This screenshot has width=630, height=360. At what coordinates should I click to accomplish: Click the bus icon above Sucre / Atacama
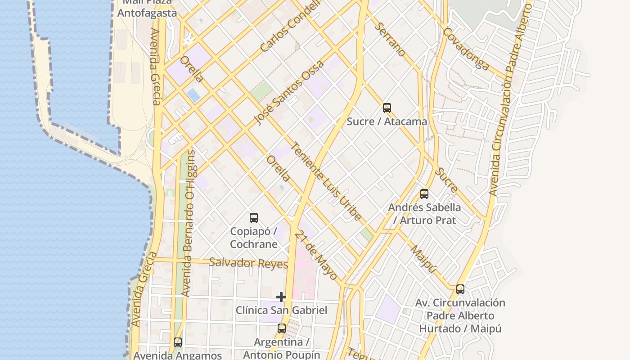pyautogui.click(x=387, y=108)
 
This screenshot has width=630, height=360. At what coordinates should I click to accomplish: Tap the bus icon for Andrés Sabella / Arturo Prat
pyautogui.click(x=424, y=194)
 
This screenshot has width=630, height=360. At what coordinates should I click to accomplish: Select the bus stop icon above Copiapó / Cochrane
pyautogui.click(x=254, y=218)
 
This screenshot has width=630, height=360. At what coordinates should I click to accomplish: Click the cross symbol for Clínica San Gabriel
pyautogui.click(x=281, y=297)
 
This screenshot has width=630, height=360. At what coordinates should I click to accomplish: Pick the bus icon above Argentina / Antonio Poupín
pyautogui.click(x=282, y=328)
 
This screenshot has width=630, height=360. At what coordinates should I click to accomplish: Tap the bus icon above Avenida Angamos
pyautogui.click(x=178, y=342)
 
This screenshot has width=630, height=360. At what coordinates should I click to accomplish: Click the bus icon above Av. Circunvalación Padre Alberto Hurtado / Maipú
pyautogui.click(x=460, y=289)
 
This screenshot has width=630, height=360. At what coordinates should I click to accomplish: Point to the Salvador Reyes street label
pyautogui.click(x=248, y=263)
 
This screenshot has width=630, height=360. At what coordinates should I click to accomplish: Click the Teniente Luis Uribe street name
pyautogui.click(x=326, y=181)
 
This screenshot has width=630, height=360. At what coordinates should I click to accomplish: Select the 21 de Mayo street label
pyautogui.click(x=316, y=255)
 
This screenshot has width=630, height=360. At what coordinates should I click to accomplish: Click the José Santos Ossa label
pyautogui.click(x=288, y=92)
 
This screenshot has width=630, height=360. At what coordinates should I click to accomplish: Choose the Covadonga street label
pyautogui.click(x=466, y=49)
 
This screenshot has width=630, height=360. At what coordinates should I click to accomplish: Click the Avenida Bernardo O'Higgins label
pyautogui.click(x=189, y=224)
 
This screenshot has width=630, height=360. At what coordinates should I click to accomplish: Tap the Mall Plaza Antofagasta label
pyautogui.click(x=147, y=9)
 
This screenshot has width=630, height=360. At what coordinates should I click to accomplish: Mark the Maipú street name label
pyautogui.click(x=423, y=259)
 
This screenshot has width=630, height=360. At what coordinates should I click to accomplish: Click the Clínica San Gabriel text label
pyautogui.click(x=281, y=310)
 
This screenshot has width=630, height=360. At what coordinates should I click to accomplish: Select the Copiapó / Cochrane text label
pyautogui.click(x=254, y=238)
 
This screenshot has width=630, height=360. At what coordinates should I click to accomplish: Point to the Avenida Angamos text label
pyautogui.click(x=178, y=355)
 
